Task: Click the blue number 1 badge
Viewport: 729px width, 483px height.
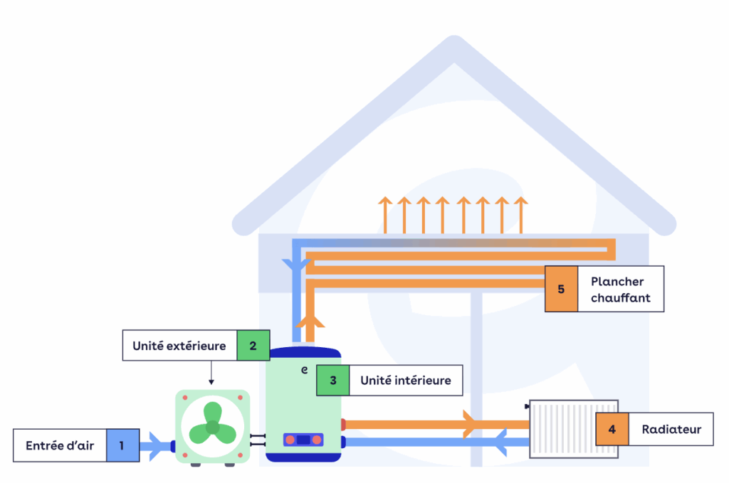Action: click(122, 446)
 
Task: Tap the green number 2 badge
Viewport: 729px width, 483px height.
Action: click(253, 346)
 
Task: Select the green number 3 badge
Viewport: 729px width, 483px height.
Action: click(332, 381)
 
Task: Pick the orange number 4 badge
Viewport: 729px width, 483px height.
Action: click(612, 429)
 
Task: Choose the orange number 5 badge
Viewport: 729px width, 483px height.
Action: click(561, 289)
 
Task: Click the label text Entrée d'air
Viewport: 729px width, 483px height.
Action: click(61, 446)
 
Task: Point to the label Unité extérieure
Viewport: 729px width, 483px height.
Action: click(179, 346)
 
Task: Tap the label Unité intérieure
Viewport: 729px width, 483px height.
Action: click(405, 381)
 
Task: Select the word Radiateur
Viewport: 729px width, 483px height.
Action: click(671, 429)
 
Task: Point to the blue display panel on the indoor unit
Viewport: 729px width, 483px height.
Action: click(303, 440)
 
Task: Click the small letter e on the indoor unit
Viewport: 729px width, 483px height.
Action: click(304, 370)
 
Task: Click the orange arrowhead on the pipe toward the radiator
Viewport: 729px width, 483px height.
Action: click(468, 424)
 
